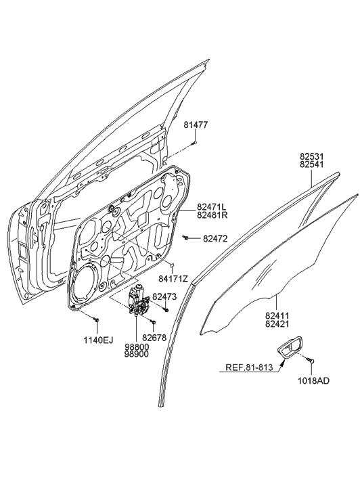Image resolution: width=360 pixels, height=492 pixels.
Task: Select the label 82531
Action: [x=314, y=155]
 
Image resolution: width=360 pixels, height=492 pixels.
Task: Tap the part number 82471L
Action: [x=212, y=206]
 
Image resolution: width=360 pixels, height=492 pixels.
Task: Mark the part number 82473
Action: [x=164, y=296]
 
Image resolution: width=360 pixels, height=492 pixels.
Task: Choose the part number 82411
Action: [x=279, y=315]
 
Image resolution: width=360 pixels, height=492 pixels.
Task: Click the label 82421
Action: [x=279, y=324]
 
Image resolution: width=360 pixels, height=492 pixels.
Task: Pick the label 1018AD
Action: [x=315, y=382]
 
